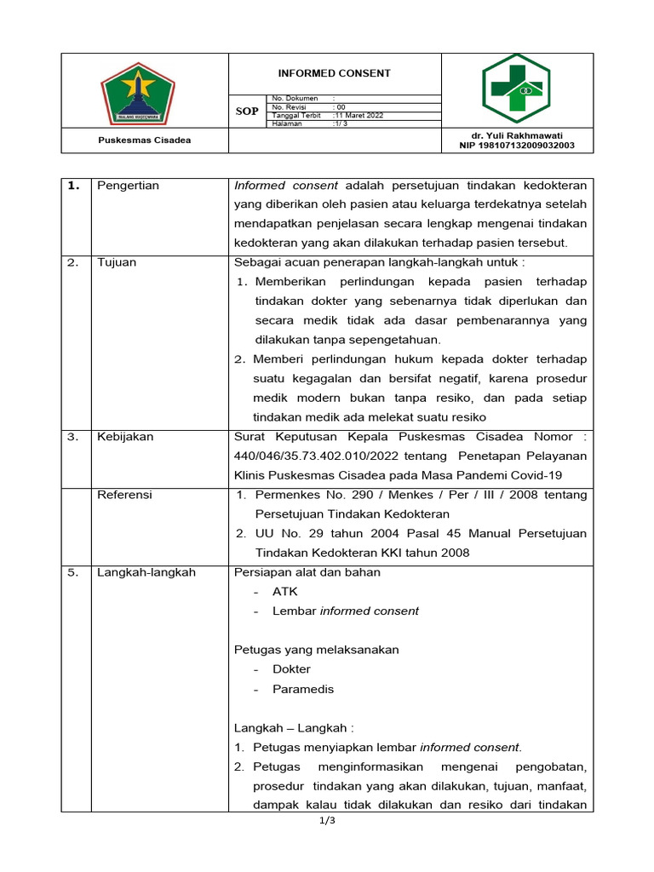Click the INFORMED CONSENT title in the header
334,73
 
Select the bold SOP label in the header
247,112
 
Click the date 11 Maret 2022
359,115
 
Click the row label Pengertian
128,186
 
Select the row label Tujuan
117,262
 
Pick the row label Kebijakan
125,436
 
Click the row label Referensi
124,494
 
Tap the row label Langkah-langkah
146,572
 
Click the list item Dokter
291,669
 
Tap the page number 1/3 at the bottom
327,821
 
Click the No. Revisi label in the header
290,107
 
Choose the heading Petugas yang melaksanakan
316,650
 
